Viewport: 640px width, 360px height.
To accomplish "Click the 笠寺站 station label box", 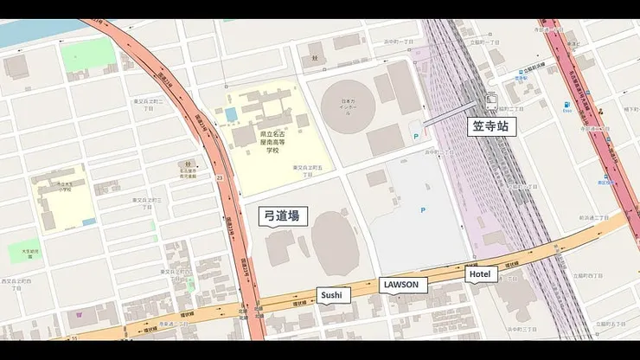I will (494, 126).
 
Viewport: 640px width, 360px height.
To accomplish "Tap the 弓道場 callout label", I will (282, 215).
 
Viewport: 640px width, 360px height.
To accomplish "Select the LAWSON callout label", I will (404, 285).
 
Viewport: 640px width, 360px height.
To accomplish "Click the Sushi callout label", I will (332, 295).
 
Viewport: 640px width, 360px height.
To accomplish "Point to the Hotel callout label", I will (480, 274).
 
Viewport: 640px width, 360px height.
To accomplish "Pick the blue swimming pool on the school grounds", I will (230, 114).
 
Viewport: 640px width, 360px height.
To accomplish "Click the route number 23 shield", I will (221, 177).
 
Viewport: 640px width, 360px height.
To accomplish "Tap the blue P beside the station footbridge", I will (418, 136).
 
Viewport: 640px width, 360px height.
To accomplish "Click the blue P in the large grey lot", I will (422, 210).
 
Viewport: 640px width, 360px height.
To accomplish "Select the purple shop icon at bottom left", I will (80, 313).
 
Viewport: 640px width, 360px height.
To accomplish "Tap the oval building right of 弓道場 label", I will (335, 236).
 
